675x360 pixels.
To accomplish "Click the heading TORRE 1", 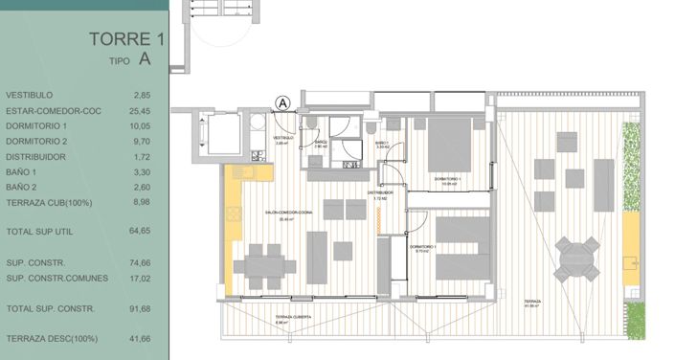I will click(x=120, y=39).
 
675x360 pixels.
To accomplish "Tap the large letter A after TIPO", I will click(x=145, y=58).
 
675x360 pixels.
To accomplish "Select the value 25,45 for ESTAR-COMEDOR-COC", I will click(x=142, y=110).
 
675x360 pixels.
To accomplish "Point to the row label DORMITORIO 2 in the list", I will click(x=36, y=141).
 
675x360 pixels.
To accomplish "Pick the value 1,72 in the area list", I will click(x=142, y=156).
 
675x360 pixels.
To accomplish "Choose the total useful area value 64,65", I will click(x=141, y=231).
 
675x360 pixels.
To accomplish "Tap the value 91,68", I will click(x=141, y=308).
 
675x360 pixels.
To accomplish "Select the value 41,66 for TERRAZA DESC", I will click(x=141, y=339).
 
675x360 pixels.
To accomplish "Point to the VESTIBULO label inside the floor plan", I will click(x=282, y=138).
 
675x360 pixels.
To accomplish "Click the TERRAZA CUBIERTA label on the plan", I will click(x=293, y=317).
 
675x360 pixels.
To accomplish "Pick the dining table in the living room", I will click(x=262, y=265).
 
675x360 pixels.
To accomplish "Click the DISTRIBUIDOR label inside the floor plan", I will click(x=381, y=192).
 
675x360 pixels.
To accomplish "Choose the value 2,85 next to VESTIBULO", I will click(x=143, y=95).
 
